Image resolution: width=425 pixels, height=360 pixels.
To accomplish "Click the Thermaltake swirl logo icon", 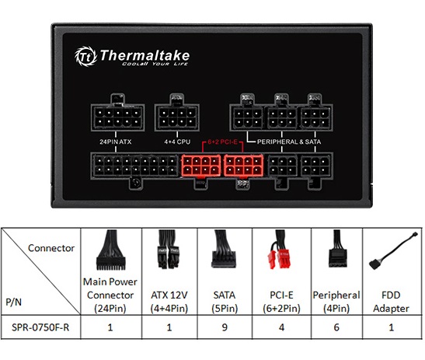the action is (85, 57).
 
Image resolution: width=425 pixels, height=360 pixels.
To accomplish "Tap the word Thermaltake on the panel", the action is (145, 55).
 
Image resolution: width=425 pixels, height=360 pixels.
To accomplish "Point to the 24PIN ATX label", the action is (116, 142).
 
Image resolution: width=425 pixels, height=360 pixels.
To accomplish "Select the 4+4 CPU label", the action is (177, 142).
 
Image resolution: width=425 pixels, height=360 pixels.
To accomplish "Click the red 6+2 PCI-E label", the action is (222, 142).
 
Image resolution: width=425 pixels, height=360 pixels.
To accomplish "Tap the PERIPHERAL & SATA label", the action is (289, 142).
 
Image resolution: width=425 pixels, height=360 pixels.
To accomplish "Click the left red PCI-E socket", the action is (201, 166).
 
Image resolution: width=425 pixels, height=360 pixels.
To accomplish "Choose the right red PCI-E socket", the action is (244, 166).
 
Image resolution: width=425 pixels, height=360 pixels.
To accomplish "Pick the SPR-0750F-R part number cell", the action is (40, 327).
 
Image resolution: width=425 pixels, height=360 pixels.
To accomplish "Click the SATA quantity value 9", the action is (225, 327).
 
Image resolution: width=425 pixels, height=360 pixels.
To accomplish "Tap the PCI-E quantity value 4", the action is (281, 327).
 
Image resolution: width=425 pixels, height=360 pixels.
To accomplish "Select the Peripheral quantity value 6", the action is (336, 327).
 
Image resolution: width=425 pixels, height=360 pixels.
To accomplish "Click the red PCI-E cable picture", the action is (279, 250).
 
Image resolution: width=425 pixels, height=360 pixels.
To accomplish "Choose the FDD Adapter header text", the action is (391, 302).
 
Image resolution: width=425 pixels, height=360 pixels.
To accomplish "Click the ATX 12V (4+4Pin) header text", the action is (169, 302).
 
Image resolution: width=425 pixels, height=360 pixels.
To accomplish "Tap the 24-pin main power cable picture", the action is (111, 250).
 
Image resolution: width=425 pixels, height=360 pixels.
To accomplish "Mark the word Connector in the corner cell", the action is (51, 248).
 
